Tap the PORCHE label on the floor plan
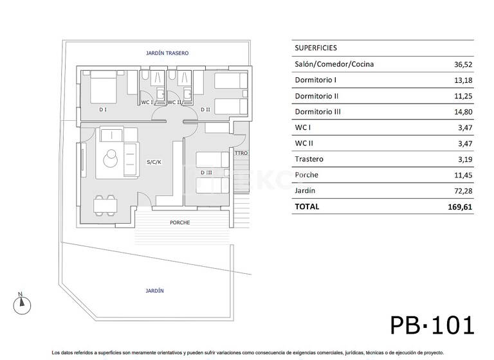coord(179,222)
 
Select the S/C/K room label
coord(154,161)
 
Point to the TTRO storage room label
coord(241,153)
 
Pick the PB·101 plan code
coord(432,325)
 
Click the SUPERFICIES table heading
coord(315,48)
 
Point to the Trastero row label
coord(309,159)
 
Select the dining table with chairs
coord(106,204)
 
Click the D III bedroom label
coord(206,172)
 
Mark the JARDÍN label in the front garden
coord(154,291)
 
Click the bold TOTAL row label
coord(307,207)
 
